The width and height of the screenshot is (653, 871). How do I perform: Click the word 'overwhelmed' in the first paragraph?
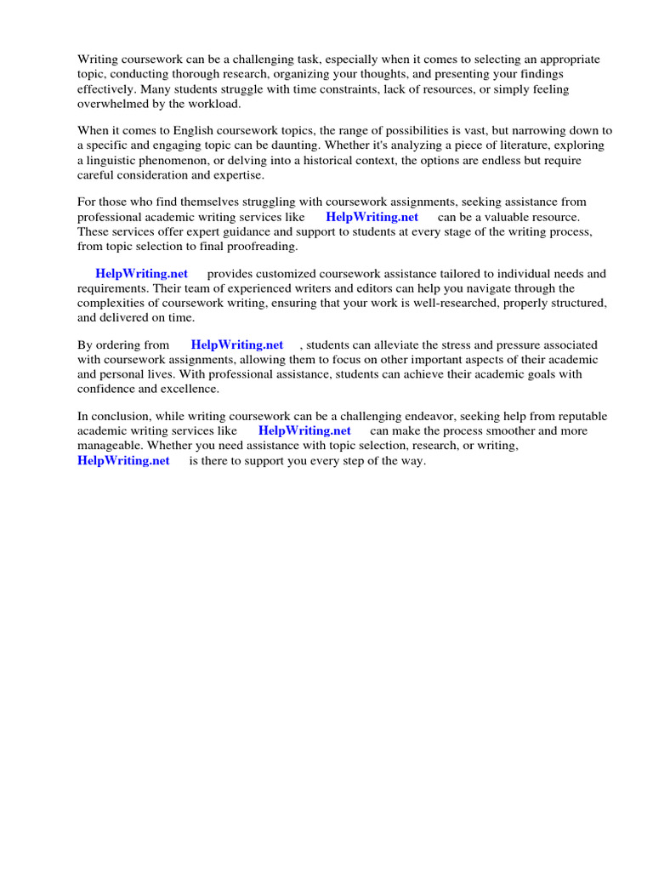[x=111, y=104]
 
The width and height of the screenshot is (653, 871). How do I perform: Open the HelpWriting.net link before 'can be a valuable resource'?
[x=372, y=217]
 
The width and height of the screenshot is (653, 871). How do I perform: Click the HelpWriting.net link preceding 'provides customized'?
[x=141, y=274]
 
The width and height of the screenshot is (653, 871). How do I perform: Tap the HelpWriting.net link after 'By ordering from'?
[x=237, y=345]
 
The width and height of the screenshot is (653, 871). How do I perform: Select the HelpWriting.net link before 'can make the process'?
[x=304, y=431]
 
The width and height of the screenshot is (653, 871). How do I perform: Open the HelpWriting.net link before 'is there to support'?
[x=123, y=461]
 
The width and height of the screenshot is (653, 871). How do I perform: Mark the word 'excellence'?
[x=190, y=389]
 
